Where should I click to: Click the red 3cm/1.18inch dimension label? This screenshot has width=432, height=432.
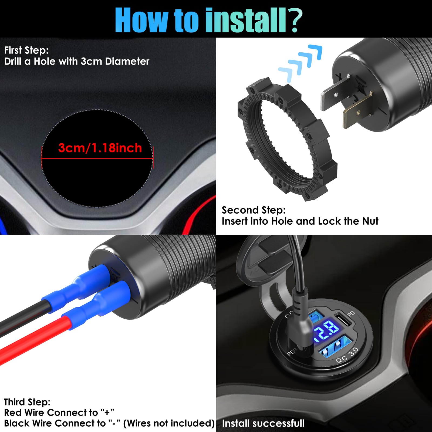pos(100,148)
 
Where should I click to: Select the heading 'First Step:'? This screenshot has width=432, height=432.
pos(26,50)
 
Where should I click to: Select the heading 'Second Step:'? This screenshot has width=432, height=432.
pos(254,210)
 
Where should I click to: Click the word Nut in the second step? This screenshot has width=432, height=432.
pos(370,221)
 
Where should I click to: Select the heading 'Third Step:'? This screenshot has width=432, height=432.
pos(27,402)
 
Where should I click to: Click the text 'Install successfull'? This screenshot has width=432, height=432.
pos(263,423)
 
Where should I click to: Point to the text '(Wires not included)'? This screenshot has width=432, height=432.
pos(169,423)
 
